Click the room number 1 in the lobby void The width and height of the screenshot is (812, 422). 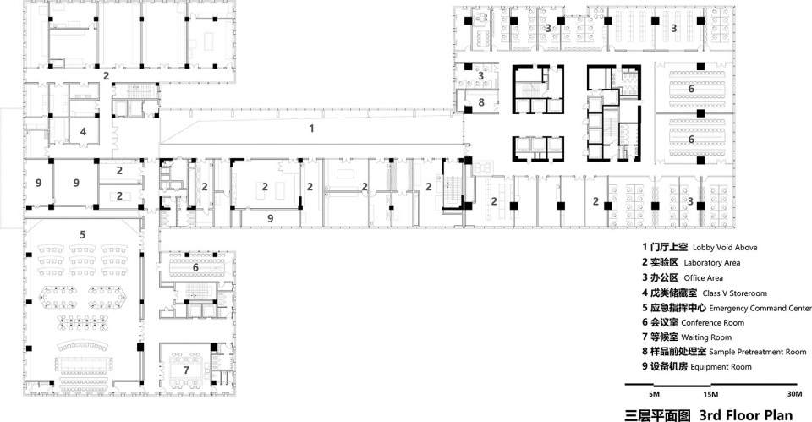(311, 128)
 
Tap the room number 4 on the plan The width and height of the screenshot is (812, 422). (83, 132)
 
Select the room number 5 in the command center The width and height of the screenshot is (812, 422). (82, 234)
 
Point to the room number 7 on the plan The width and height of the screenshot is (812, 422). (186, 370)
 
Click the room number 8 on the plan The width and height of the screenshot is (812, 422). (481, 102)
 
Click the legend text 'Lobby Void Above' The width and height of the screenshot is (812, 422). (725, 248)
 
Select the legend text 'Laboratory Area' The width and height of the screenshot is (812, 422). (711, 263)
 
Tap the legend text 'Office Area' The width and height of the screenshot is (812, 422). (703, 278)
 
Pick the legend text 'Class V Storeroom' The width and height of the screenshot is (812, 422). (734, 293)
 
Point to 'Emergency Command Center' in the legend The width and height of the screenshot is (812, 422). (760, 308)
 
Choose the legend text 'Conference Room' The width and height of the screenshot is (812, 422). (712, 322)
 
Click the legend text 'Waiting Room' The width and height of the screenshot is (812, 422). (706, 337)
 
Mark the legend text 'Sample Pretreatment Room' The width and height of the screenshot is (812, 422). (758, 352)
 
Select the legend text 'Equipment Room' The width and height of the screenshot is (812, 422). (721, 366)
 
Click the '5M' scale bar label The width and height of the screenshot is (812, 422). (654, 395)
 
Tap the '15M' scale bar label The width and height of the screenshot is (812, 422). (710, 395)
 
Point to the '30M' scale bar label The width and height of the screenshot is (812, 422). (794, 394)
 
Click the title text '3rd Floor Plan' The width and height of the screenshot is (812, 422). (746, 414)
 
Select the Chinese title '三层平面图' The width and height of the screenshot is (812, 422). (658, 415)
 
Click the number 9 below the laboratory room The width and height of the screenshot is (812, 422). (271, 218)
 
